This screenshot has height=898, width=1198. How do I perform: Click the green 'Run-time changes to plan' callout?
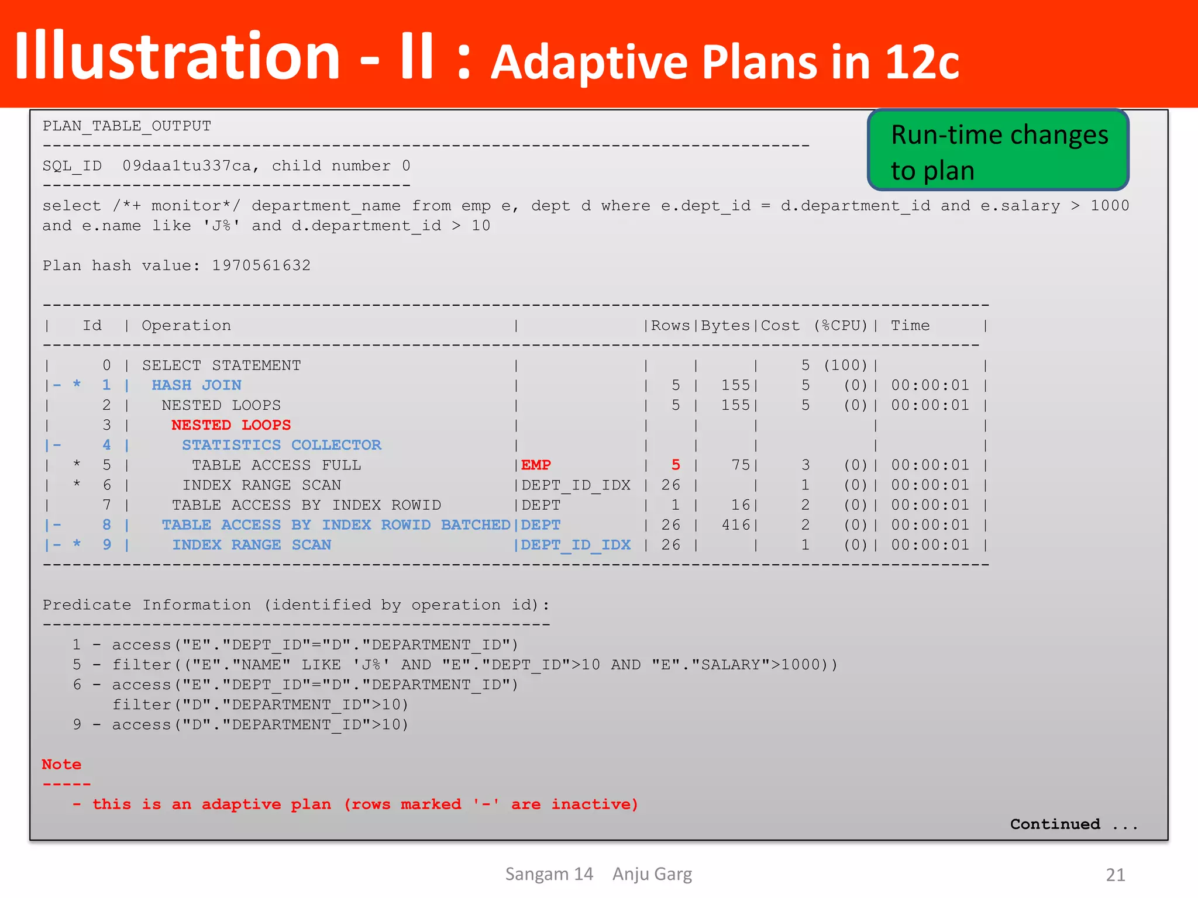(x=998, y=150)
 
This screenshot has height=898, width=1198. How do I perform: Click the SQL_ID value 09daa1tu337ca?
(x=187, y=166)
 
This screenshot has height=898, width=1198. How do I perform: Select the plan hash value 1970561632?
(x=261, y=265)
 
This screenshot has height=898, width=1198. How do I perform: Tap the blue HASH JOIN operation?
(x=197, y=385)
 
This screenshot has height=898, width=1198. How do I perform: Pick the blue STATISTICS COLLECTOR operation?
(x=281, y=445)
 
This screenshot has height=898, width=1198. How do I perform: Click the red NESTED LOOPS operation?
(x=231, y=425)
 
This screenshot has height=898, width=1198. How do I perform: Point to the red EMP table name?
(x=536, y=465)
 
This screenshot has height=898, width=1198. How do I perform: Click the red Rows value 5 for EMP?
(x=676, y=465)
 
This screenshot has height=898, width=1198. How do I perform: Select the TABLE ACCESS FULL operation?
(x=276, y=465)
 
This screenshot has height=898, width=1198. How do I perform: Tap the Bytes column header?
(x=725, y=326)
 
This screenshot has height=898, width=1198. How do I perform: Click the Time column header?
(x=910, y=326)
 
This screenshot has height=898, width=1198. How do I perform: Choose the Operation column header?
(x=186, y=326)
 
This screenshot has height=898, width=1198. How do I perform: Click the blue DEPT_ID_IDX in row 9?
(x=576, y=545)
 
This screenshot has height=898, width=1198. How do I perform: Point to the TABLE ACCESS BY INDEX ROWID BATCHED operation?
(x=336, y=525)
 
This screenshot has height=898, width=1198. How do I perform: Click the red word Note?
(x=61, y=764)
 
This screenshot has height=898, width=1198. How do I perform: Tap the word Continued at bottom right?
(x=1055, y=824)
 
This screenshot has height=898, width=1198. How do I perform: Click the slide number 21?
(x=1116, y=875)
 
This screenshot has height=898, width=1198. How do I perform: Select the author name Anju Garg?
(x=652, y=874)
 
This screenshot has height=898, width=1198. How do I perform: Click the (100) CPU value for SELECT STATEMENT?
(x=845, y=365)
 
